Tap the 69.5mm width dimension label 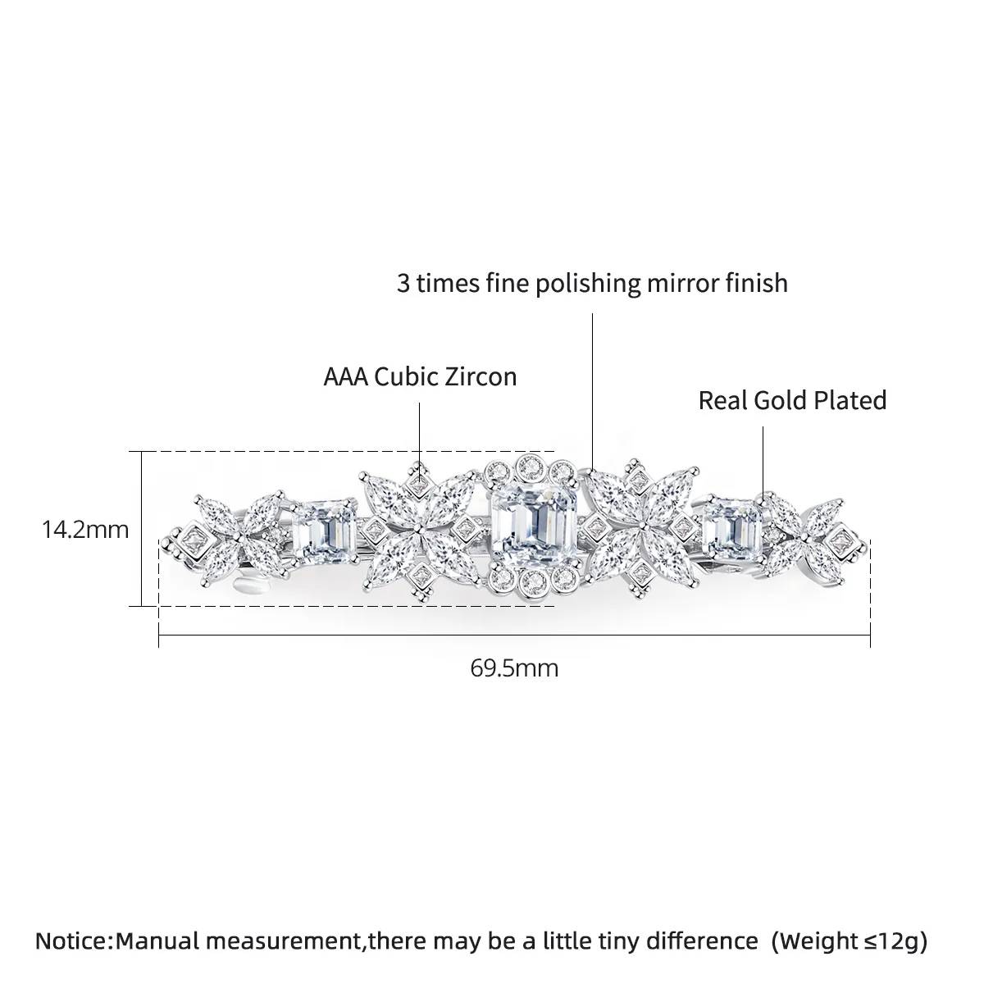[514, 668]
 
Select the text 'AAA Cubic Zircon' [421, 377]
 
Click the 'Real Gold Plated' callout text [792, 400]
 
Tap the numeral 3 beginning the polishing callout [403, 284]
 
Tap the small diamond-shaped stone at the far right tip [840, 540]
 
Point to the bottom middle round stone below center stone [533, 580]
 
